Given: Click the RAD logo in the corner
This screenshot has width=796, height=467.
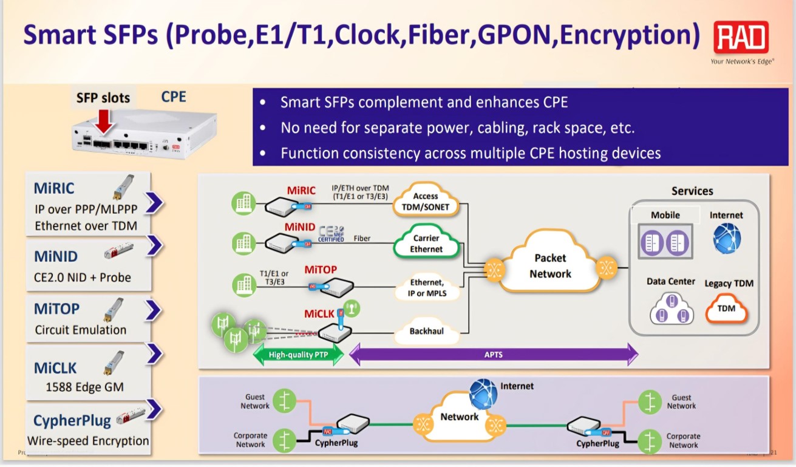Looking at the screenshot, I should pyautogui.click(x=741, y=38).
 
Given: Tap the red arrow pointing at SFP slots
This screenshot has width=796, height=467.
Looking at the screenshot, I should pyautogui.click(x=104, y=120).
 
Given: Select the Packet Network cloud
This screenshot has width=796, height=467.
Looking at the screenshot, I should pyautogui.click(x=550, y=266).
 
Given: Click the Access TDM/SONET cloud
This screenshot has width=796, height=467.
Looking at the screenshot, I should pyautogui.click(x=426, y=201).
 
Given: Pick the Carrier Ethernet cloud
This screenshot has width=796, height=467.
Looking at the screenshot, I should pyautogui.click(x=426, y=244).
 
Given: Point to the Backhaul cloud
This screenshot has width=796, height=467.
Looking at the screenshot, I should pyautogui.click(x=427, y=332).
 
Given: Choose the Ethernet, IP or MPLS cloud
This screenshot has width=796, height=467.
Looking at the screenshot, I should pyautogui.click(x=426, y=287).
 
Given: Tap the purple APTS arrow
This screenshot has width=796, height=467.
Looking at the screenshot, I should pyautogui.click(x=494, y=354).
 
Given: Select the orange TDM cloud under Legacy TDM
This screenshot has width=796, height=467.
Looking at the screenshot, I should pyautogui.click(x=726, y=308).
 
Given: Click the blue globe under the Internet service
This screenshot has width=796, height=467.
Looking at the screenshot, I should pyautogui.click(x=727, y=237).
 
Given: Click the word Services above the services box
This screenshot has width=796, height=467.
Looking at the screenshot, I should pyautogui.click(x=692, y=191).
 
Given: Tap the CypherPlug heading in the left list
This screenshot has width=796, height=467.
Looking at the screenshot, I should pyautogui.click(x=72, y=420).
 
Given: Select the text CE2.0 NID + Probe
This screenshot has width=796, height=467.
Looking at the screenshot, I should pyautogui.click(x=83, y=278).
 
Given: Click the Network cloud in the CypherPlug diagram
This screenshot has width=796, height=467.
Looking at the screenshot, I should pyautogui.click(x=460, y=417).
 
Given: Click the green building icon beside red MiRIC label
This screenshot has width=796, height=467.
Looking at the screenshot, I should pyautogui.click(x=243, y=202).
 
